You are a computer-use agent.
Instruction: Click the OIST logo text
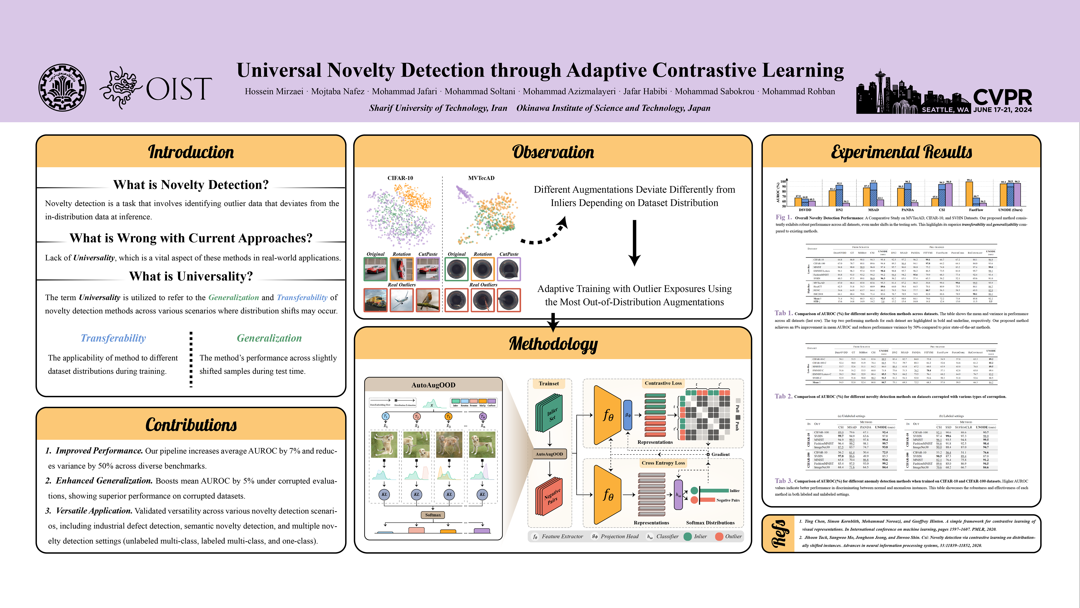178,89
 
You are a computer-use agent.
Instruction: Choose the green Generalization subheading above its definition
269,338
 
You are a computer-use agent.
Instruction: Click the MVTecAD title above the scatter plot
481,178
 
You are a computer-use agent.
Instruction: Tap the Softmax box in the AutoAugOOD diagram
433,515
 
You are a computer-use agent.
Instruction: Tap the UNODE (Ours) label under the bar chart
1010,210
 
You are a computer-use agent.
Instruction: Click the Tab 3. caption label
783,481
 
